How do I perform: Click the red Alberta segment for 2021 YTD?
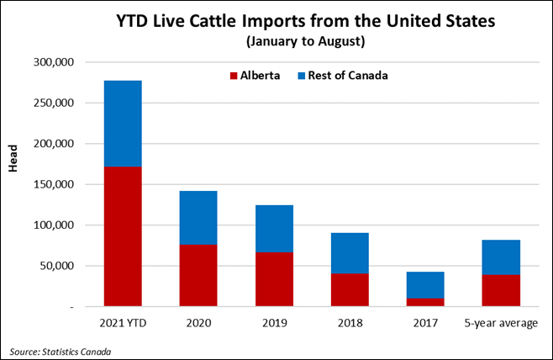coord(123,236)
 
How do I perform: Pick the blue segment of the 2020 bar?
coord(198,218)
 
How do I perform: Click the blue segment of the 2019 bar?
coord(275,228)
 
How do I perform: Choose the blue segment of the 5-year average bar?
coord(502,257)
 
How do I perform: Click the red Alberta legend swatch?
coord(234,75)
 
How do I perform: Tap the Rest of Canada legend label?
coord(354,75)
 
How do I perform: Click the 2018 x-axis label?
coord(350,322)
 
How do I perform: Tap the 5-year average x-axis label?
coord(502,322)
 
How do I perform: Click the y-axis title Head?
coord(14,161)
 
